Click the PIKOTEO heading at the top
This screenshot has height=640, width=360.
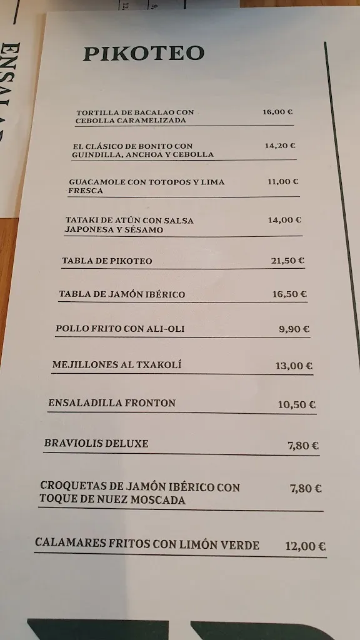coord(144,54)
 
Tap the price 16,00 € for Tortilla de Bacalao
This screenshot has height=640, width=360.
coord(277,112)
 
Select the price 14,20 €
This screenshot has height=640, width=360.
coord(279,146)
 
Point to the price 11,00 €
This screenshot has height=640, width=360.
coord(282,182)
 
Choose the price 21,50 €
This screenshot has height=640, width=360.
coord(287,261)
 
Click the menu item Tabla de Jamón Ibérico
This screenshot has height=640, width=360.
coord(122,294)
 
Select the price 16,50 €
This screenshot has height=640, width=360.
coord(290,294)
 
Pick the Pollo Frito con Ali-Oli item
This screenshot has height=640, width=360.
coord(120,329)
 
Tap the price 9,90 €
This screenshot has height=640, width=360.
coord(294,329)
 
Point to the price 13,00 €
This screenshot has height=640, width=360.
coord(294,366)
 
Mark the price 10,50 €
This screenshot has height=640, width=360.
coord(296,405)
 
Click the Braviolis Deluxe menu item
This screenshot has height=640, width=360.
coord(96,444)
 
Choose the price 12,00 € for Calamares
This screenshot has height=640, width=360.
coord(305,546)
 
